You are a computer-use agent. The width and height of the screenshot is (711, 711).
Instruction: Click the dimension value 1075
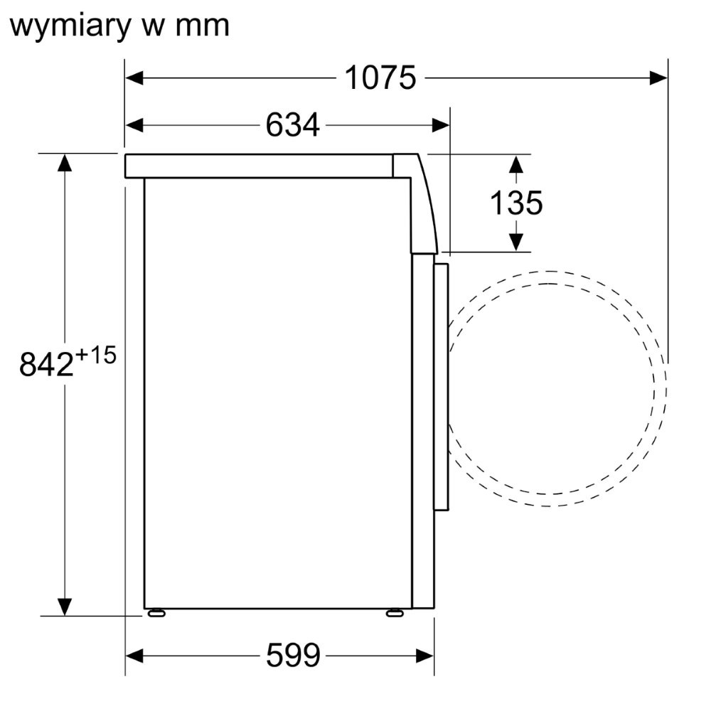click(x=380, y=78)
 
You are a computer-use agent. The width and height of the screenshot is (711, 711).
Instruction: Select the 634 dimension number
click(x=292, y=125)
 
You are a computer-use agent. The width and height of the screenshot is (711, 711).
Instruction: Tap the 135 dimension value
click(x=516, y=203)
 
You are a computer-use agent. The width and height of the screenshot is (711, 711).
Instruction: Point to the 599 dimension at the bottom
click(x=293, y=656)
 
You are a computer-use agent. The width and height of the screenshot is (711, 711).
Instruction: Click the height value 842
click(x=46, y=363)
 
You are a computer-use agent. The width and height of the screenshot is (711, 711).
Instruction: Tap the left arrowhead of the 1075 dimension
click(x=134, y=78)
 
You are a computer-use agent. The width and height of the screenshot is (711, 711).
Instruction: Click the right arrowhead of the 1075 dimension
click(x=658, y=78)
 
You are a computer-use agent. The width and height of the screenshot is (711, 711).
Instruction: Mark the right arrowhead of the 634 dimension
click(x=440, y=125)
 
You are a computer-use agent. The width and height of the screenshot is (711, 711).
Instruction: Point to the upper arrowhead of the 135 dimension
click(x=516, y=164)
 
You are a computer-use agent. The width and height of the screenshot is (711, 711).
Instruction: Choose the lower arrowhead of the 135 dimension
click(x=516, y=242)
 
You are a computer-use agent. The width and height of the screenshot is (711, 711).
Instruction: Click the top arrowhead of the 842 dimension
click(x=65, y=163)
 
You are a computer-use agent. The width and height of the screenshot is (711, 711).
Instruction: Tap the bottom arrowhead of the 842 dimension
click(x=65, y=607)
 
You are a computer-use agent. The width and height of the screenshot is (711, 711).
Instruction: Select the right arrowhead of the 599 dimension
click(x=425, y=656)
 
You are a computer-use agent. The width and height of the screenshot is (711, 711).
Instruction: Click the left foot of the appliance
click(x=156, y=613)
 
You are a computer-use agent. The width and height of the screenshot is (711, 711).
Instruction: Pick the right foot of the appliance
click(x=395, y=613)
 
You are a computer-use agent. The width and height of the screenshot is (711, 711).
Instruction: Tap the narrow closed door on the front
click(x=441, y=386)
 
